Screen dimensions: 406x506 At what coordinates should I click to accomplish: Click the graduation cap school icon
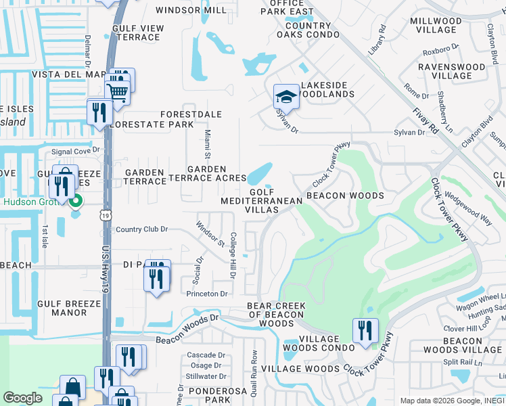pos(286,97)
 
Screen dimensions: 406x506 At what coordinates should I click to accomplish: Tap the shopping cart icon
pos(118,91)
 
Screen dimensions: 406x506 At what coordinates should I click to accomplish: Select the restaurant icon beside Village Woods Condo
pos(365,330)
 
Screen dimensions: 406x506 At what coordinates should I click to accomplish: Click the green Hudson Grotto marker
pos(76,201)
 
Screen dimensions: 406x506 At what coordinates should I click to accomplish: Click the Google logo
pos(22,398)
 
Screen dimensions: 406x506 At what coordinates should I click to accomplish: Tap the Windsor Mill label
pos(191,10)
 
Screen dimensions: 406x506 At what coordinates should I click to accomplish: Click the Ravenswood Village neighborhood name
pos(451,71)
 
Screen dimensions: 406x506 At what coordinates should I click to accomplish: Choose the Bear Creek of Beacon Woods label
pos(275,315)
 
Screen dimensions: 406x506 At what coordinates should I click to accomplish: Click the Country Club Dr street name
pos(141,229)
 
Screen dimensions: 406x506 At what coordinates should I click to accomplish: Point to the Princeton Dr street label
pos(208,294)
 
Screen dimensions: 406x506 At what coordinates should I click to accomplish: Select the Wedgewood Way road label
pos(467,209)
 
